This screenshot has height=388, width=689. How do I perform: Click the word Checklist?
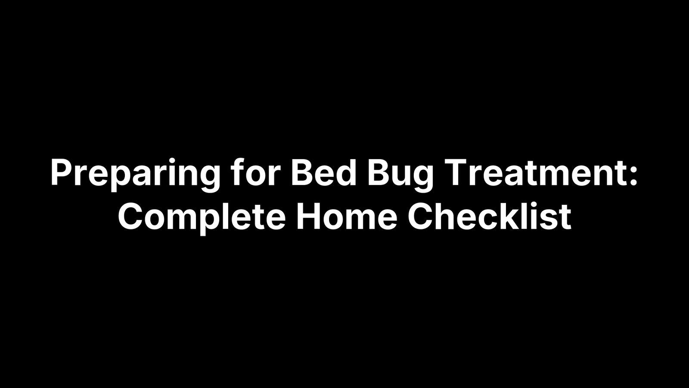489,216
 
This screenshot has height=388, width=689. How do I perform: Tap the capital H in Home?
307,216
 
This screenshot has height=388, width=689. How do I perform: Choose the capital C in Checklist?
420,216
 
